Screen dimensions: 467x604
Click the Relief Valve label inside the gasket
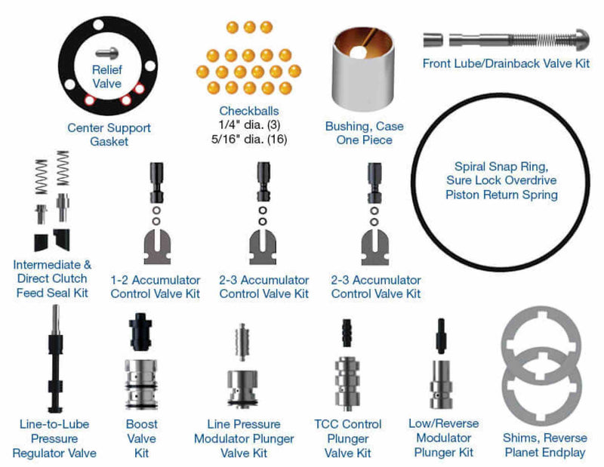[106, 77]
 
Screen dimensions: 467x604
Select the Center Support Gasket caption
[109, 134]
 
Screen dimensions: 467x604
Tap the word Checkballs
[243, 111]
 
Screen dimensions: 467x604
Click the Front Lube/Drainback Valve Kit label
[506, 63]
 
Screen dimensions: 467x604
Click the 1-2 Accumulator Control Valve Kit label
[156, 287]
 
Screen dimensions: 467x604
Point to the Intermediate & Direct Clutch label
[52, 272]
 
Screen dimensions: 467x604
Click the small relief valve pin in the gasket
[106, 54]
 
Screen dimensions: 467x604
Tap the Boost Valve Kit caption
[142, 438]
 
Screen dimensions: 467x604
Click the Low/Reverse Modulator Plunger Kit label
[444, 438]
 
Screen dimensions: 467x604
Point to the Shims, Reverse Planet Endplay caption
[544, 445]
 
